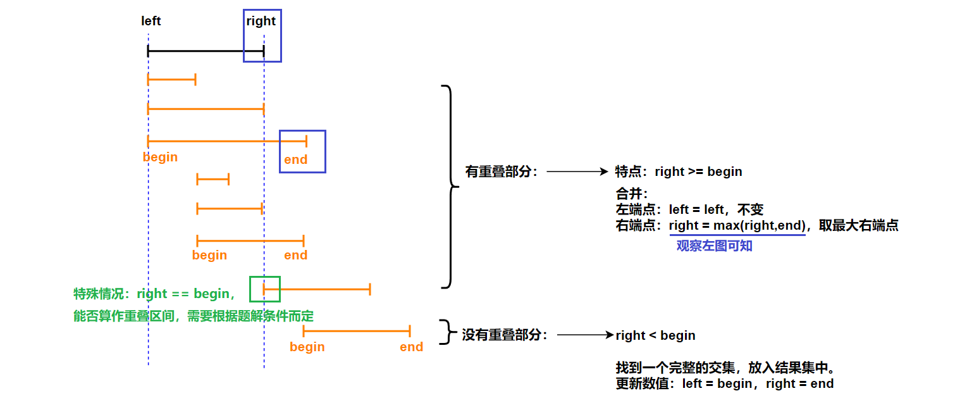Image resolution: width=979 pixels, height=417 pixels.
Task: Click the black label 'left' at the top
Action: pyautogui.click(x=151, y=21)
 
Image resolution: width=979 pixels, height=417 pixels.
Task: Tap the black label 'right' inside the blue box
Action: pyautogui.click(x=261, y=21)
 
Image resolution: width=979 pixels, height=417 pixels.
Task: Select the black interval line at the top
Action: pyautogui.click(x=206, y=51)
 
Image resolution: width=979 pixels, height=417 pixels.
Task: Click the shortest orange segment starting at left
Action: pyautogui.click(x=171, y=79)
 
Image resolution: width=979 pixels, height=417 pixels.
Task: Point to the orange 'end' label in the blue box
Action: pyautogui.click(x=295, y=159)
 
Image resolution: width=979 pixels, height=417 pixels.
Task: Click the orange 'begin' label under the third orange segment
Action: pyautogui.click(x=160, y=157)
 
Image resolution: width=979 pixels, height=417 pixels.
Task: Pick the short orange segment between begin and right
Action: pyautogui.click(x=213, y=180)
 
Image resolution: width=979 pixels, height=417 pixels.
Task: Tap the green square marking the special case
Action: pyautogui.click(x=264, y=289)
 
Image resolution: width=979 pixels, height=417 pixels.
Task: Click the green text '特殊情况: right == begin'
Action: pyautogui.click(x=154, y=294)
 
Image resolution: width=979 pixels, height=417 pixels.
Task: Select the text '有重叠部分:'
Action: pyautogui.click(x=501, y=171)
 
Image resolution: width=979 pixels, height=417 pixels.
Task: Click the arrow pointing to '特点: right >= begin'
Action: pyautogui.click(x=577, y=171)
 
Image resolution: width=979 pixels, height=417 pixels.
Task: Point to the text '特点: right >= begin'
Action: pyautogui.click(x=679, y=171)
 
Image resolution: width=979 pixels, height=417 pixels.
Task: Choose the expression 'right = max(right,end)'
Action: pyautogui.click(x=737, y=225)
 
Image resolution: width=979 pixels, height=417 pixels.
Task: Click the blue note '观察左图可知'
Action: pyautogui.click(x=714, y=246)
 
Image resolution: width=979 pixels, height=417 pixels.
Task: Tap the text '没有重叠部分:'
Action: pyautogui.click(x=505, y=335)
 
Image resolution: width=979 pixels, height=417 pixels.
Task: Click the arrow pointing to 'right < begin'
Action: pyautogui.click(x=585, y=335)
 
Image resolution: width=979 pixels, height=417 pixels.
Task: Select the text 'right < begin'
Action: pyautogui.click(x=655, y=335)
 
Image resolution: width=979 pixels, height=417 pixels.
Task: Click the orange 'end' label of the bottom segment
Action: pyautogui.click(x=411, y=347)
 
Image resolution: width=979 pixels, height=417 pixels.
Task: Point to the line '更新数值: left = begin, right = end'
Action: pyautogui.click(x=724, y=383)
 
